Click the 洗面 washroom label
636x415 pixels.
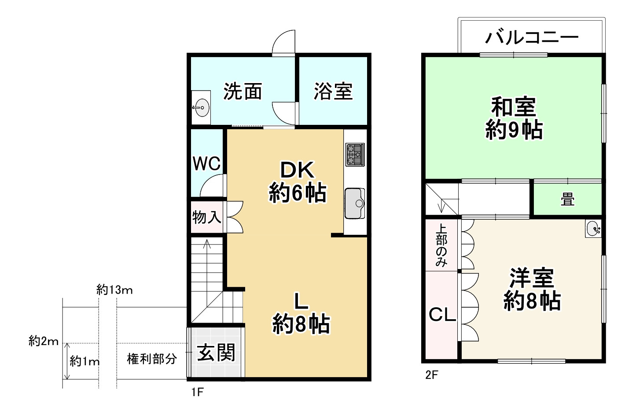point(243,91)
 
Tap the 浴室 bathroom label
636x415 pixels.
point(333,91)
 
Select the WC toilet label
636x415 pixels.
point(206,164)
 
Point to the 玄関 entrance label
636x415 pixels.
point(216,353)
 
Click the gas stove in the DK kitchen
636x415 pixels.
point(355,154)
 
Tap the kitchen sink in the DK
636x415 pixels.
point(355,203)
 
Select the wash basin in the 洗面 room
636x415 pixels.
point(201,107)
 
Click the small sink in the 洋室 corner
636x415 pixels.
point(593,229)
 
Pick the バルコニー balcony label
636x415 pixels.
point(532,37)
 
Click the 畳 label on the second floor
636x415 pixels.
point(567,200)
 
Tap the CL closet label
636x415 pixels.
point(442,315)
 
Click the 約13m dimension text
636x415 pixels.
point(114,290)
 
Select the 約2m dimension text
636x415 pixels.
point(44,341)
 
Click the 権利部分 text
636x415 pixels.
point(152,359)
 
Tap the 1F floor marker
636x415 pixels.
point(198,392)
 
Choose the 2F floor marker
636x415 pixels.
point(432,375)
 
